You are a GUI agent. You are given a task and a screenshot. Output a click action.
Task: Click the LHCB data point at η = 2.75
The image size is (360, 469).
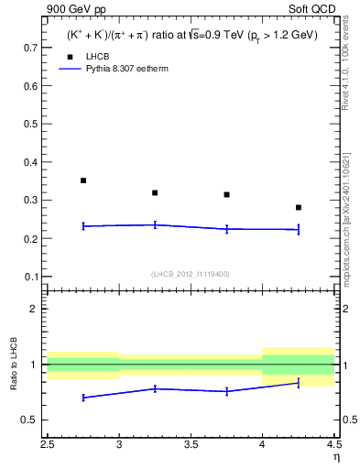[x=83, y=180]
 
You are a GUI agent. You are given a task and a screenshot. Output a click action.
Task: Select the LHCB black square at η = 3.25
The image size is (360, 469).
[x=155, y=192]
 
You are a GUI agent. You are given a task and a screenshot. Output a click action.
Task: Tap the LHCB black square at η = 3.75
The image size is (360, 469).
[x=226, y=194]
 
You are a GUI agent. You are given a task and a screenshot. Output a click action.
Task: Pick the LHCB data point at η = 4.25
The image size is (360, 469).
[x=299, y=207]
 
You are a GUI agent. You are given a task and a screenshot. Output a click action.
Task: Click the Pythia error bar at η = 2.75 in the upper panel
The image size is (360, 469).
[x=83, y=225]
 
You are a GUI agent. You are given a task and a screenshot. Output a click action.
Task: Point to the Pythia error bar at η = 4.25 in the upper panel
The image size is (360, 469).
[x=299, y=229]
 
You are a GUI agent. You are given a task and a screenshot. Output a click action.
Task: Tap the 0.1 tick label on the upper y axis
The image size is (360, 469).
[x=30, y=277]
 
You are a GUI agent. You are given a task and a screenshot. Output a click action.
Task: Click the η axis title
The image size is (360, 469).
[x=335, y=455]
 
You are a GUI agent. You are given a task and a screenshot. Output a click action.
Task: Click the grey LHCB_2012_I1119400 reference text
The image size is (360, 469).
[x=191, y=274]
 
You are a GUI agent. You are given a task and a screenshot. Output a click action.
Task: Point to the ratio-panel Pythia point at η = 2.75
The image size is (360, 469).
[x=83, y=398]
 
